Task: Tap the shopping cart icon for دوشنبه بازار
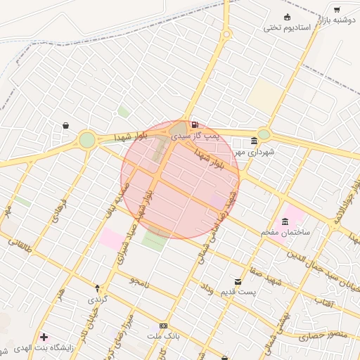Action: click(337, 10)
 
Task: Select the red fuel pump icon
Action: click(195, 124)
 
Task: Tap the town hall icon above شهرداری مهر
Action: click(254, 141)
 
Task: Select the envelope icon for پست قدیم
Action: click(238, 281)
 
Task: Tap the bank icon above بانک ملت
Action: click(163, 326)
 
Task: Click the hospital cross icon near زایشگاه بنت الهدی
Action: click(45, 338)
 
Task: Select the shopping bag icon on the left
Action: click(65, 125)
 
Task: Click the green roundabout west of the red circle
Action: click(86, 140)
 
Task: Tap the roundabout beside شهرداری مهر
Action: click(264, 134)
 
